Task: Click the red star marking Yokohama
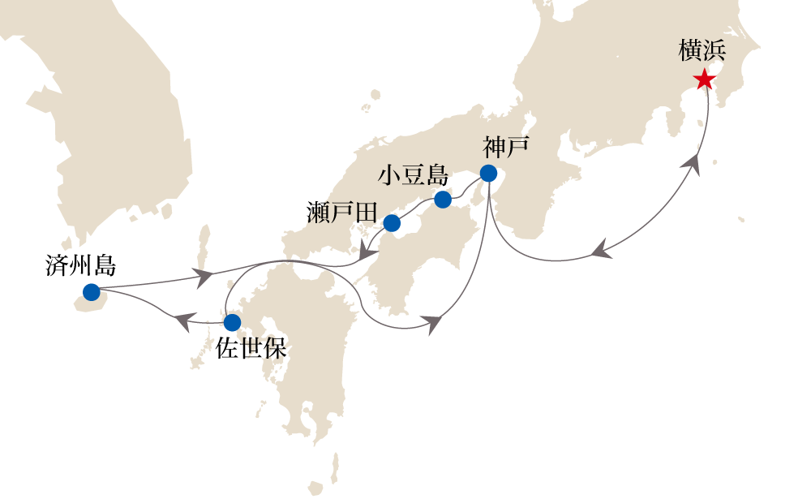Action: pyautogui.click(x=704, y=80)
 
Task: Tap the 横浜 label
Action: pyautogui.click(x=702, y=54)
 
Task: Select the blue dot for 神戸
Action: pyautogui.click(x=488, y=173)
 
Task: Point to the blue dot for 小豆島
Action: pyautogui.click(x=443, y=199)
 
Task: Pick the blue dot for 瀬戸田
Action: pyautogui.click(x=392, y=223)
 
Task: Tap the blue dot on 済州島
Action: pyautogui.click(x=91, y=292)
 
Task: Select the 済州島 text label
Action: pyautogui.click(x=81, y=265)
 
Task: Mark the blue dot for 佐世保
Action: pyautogui.click(x=232, y=321)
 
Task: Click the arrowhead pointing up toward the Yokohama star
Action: pyautogui.click(x=693, y=164)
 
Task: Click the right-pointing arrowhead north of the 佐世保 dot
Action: pyautogui.click(x=203, y=276)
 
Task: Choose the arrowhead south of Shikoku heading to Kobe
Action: pyautogui.click(x=433, y=324)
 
